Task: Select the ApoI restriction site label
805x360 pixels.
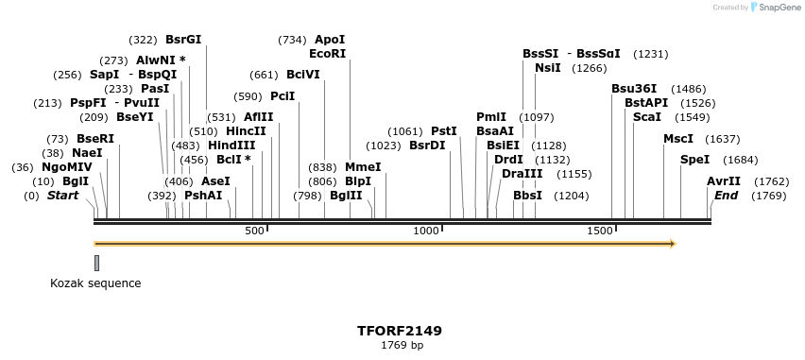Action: click(330, 40)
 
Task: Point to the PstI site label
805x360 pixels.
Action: click(443, 131)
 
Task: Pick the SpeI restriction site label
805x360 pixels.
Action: click(694, 160)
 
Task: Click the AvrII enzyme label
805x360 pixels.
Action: click(724, 181)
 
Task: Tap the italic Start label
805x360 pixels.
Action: click(62, 196)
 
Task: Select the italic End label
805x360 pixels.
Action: click(726, 196)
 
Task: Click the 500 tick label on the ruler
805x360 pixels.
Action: click(254, 231)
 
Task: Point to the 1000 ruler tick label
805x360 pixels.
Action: click(427, 231)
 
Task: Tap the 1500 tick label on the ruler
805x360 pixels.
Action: click(601, 231)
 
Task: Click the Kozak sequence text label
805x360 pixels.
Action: click(95, 283)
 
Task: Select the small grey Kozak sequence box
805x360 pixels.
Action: click(96, 263)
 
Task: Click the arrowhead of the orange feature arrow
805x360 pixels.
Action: click(673, 244)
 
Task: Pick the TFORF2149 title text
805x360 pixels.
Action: click(400, 332)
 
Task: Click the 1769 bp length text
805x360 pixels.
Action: click(400, 346)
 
